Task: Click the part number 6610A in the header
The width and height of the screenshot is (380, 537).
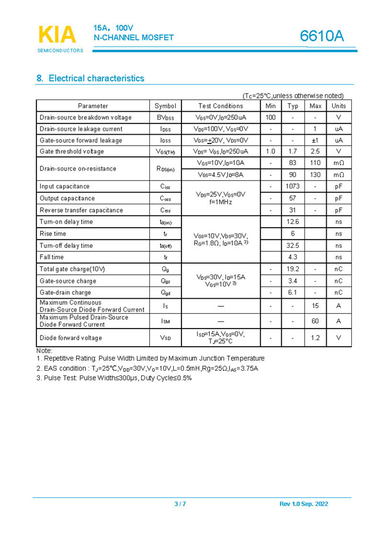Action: (322, 36)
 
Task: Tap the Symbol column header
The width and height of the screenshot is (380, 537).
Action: (165, 106)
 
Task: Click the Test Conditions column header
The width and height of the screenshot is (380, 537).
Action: (220, 106)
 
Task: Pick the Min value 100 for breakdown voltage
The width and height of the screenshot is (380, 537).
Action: (271, 117)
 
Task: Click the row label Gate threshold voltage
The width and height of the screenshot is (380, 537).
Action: (71, 152)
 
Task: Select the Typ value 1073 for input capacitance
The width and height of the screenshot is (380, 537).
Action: (293, 186)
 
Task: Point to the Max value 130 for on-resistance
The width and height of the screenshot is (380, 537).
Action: (316, 175)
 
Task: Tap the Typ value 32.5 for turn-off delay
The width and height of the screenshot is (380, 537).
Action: (293, 245)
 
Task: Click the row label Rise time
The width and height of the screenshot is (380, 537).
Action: (53, 234)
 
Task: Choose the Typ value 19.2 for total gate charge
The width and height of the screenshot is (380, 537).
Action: (293, 269)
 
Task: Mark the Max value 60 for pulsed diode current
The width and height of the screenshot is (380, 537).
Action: (315, 321)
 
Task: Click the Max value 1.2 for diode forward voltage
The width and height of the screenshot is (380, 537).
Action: (315, 338)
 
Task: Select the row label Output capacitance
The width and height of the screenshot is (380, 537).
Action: (67, 199)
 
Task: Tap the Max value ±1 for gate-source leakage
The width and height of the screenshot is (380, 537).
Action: (315, 141)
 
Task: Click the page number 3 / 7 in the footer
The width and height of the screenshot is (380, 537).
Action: (180, 504)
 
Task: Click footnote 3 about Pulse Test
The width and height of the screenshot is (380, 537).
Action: (114, 378)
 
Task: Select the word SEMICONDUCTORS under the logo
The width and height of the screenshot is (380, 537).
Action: (60, 50)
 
